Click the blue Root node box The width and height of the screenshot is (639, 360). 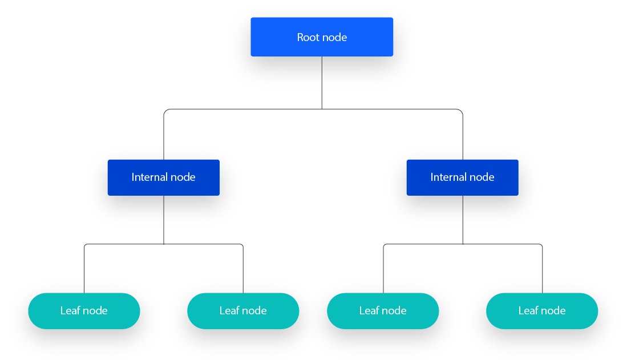322,37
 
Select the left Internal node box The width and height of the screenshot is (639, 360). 164,177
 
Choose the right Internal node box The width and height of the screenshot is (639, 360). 462,177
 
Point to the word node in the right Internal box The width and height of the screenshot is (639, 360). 482,177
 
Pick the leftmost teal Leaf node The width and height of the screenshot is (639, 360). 84,311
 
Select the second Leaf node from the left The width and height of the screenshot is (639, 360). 243,311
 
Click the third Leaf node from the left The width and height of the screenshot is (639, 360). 383,311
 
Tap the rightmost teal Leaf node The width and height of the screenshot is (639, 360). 542,311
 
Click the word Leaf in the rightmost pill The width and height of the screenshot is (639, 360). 528,311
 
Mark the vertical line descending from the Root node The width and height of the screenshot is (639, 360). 322,82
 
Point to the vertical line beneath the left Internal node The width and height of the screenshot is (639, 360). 164,220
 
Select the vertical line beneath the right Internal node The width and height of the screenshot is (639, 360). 463,220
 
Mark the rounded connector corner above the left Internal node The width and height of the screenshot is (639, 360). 165,111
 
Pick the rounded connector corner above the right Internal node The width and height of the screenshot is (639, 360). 461,111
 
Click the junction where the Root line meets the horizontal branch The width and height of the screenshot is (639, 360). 322,109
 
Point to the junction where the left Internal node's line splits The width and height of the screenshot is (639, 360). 164,244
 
